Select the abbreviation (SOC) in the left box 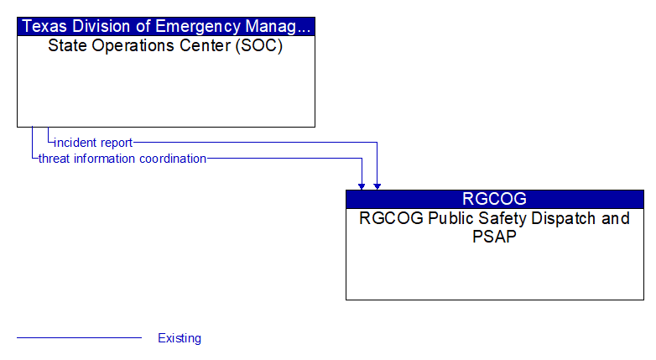pyautogui.click(x=259, y=45)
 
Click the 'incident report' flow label pyautogui.click(x=93, y=143)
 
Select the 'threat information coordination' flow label pyautogui.click(x=122, y=159)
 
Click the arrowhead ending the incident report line pyautogui.click(x=377, y=186)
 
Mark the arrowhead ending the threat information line pyautogui.click(x=362, y=186)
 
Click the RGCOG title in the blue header pyautogui.click(x=494, y=199)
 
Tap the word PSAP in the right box pyautogui.click(x=494, y=237)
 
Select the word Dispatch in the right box pyautogui.click(x=557, y=219)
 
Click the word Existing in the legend pyautogui.click(x=180, y=338)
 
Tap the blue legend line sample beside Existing pyautogui.click(x=79, y=337)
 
